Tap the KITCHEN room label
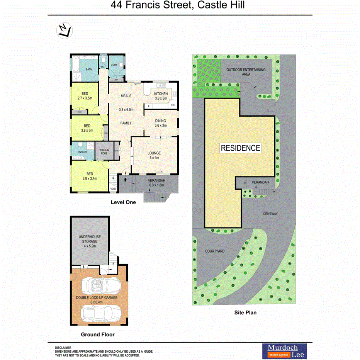pos(161,94)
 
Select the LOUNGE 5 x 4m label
pos(154,155)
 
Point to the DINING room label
pos(160,121)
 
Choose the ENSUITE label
pos(82,152)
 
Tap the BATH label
pos(89,70)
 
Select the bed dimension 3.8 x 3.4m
pos(89,178)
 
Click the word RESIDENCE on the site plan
pos(240,148)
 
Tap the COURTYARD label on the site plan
pos(215,251)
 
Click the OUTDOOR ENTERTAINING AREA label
pos(246,71)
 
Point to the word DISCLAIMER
pos(63,348)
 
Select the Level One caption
pos(123,202)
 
